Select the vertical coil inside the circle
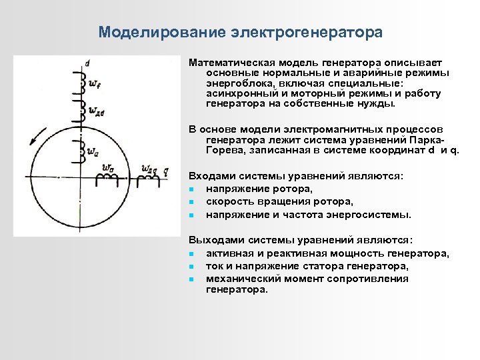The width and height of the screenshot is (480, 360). pos(83,151)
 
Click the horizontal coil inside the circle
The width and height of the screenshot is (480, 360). pos(107,177)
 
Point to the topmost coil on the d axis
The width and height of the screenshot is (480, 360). pos(83,80)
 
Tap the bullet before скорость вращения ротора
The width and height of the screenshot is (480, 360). pos(191,202)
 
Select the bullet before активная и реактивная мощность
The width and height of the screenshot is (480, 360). pos(191,255)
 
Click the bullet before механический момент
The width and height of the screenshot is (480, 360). pos(191,279)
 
